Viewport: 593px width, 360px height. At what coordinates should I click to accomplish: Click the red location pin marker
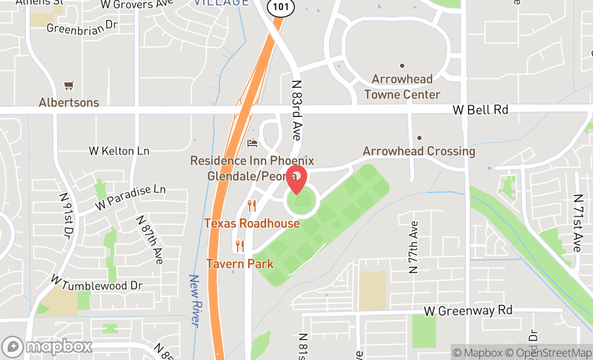(x=296, y=179)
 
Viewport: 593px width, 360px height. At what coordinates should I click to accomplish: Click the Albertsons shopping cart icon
(x=68, y=85)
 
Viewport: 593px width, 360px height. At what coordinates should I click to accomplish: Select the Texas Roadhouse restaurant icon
(x=251, y=205)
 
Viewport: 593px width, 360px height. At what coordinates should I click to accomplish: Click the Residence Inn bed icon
(x=252, y=143)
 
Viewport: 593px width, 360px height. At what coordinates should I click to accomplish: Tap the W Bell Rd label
(x=480, y=110)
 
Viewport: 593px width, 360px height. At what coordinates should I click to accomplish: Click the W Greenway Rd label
(x=468, y=310)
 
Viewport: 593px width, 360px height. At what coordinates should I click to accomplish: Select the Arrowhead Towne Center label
(x=402, y=87)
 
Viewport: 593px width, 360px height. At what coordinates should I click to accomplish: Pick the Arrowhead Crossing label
(x=419, y=151)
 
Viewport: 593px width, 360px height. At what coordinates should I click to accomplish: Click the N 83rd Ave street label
(x=296, y=110)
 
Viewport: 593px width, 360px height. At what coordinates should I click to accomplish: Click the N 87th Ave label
(x=150, y=240)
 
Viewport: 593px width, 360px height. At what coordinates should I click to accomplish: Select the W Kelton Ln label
(x=119, y=151)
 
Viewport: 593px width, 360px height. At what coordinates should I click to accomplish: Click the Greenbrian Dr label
(x=82, y=27)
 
